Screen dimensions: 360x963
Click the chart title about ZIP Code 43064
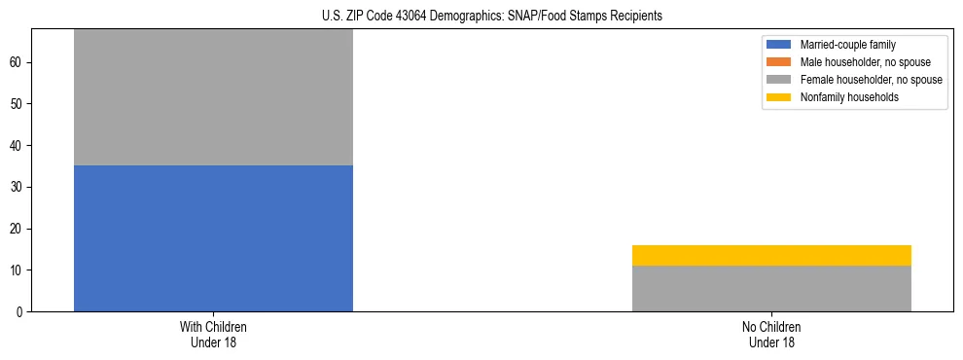click(491, 16)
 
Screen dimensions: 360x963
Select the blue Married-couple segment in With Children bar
click(213, 238)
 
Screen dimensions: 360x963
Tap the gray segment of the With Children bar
click(213, 97)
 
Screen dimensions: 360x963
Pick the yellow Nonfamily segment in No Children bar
click(771, 255)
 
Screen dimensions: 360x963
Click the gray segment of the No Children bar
click(771, 288)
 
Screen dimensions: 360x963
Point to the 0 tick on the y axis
click(19, 312)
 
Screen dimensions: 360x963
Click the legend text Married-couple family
click(848, 45)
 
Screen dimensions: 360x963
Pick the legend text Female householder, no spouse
click(871, 80)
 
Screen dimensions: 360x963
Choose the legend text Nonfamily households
click(849, 97)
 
